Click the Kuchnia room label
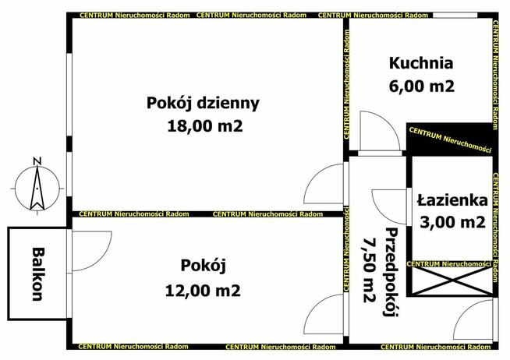[x=421, y=63]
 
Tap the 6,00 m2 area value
[x=421, y=86]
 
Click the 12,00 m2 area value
[x=203, y=290]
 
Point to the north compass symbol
[x=36, y=187]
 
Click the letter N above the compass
[x=36, y=161]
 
